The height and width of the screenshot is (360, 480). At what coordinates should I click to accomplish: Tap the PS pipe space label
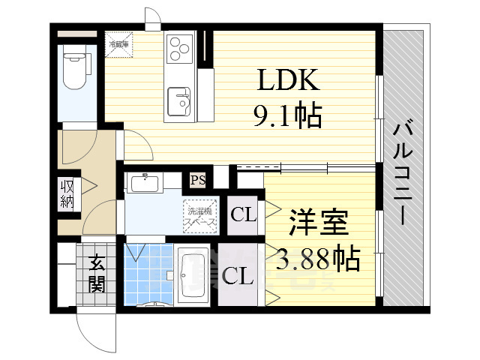pyautogui.click(x=198, y=180)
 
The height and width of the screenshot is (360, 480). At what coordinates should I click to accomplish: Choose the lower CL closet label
pyautogui.click(x=236, y=274)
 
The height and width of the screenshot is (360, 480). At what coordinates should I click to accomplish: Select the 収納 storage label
pyautogui.click(x=67, y=193)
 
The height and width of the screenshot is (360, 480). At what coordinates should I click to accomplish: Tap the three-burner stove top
pyautogui.click(x=180, y=49)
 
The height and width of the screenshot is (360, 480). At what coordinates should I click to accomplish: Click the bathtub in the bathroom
pyautogui.click(x=194, y=275)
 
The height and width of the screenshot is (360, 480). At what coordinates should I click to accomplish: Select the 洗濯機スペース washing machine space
pyautogui.click(x=200, y=215)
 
